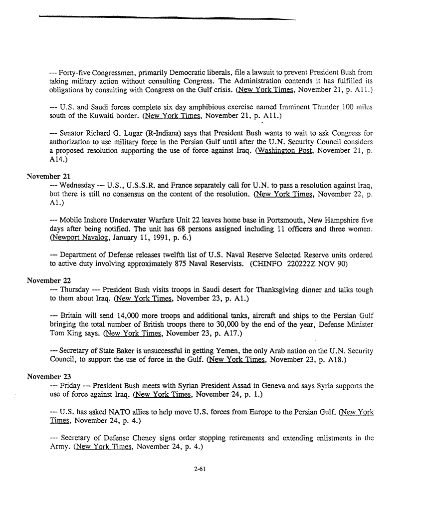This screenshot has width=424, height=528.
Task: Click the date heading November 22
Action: click(48, 280)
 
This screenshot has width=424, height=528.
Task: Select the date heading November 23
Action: click(48, 376)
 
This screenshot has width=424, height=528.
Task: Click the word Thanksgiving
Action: click(273, 290)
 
